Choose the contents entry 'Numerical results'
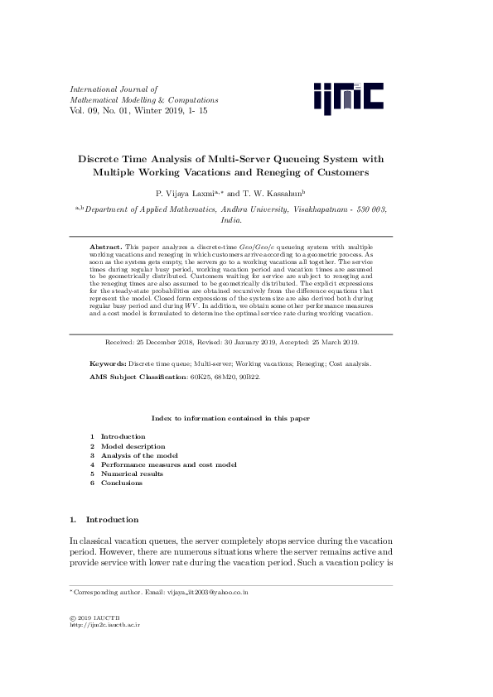[x=132, y=473]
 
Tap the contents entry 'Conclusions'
[x=121, y=483]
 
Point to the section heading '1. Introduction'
[x=104, y=519]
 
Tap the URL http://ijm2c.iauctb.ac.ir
[x=104, y=626]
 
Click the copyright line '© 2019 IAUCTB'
[x=94, y=618]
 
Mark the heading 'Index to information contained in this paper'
[x=230, y=419]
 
